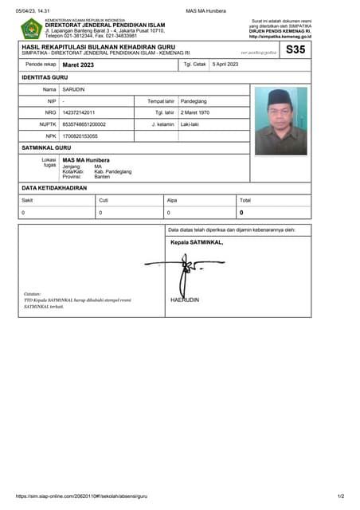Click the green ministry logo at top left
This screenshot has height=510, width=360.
31,29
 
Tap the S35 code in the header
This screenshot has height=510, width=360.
294,49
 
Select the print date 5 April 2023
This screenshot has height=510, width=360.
225,64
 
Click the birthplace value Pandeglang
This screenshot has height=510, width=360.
194,101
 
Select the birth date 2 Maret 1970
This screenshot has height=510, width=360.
195,113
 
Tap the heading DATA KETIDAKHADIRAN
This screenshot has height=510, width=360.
54,188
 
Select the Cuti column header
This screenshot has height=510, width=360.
104,200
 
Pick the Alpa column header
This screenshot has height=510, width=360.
171,200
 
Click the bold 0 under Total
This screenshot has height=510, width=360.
241,213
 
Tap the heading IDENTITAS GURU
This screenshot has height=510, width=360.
45,76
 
